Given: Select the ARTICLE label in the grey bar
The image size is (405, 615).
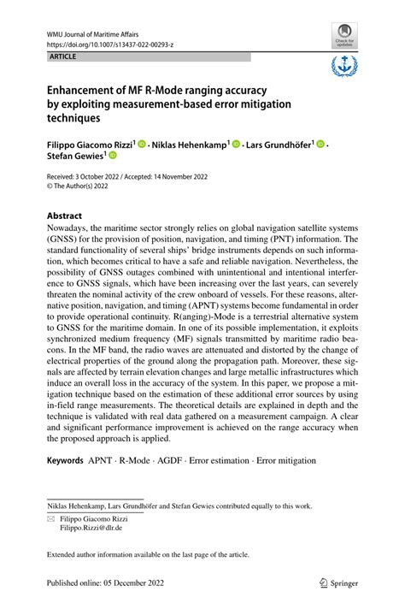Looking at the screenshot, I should tap(63, 56).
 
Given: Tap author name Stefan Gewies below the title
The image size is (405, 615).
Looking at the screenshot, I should tap(76, 157).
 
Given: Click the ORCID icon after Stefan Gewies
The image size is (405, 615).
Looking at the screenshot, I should tap(111, 157).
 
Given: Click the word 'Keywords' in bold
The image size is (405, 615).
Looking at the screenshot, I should tap(66, 460).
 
